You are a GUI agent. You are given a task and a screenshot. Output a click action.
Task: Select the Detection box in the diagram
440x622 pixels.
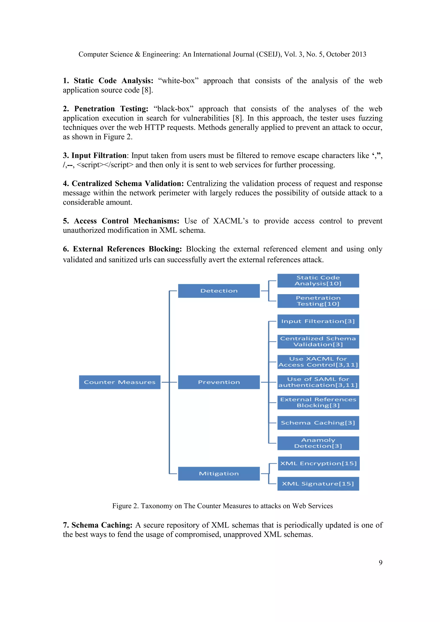point(219,291)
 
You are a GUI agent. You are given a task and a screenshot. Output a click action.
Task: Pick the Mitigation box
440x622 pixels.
point(219,473)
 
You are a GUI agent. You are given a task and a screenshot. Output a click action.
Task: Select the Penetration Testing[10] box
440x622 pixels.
point(318,301)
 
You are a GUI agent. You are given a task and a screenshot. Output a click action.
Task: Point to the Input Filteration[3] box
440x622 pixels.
point(318,321)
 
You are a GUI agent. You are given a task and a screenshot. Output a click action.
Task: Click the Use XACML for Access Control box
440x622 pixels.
point(318,362)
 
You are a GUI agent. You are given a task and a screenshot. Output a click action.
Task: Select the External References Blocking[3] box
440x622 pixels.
point(318,402)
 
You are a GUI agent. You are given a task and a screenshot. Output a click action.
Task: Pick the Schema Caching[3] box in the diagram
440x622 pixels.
point(318,423)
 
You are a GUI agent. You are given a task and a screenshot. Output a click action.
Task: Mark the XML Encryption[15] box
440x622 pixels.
point(319,463)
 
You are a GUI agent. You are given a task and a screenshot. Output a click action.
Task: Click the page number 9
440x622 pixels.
point(380,563)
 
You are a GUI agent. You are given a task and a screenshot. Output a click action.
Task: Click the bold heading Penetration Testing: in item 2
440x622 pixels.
point(111,109)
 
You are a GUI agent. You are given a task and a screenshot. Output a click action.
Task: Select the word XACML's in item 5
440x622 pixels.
point(231,221)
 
